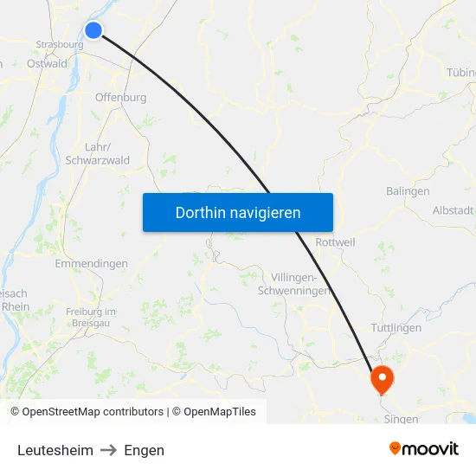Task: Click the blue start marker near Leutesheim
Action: [x=93, y=31]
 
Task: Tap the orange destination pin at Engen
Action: [x=382, y=378]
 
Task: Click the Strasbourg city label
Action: [x=60, y=45]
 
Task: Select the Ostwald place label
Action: [x=47, y=64]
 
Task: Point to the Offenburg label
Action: [x=120, y=98]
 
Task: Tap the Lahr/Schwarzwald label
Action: [x=97, y=154]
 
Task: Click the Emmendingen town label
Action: [x=91, y=264]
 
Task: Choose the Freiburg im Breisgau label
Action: [x=91, y=316]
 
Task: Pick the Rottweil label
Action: [x=336, y=243]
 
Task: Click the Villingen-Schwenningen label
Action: [x=295, y=284]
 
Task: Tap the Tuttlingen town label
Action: [x=396, y=328]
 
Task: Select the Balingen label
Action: [x=408, y=191]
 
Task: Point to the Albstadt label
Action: [x=453, y=210]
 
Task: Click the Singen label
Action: [x=401, y=419]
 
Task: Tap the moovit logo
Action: [x=423, y=448]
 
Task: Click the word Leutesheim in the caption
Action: [x=55, y=450]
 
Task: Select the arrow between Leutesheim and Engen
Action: [x=108, y=450]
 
